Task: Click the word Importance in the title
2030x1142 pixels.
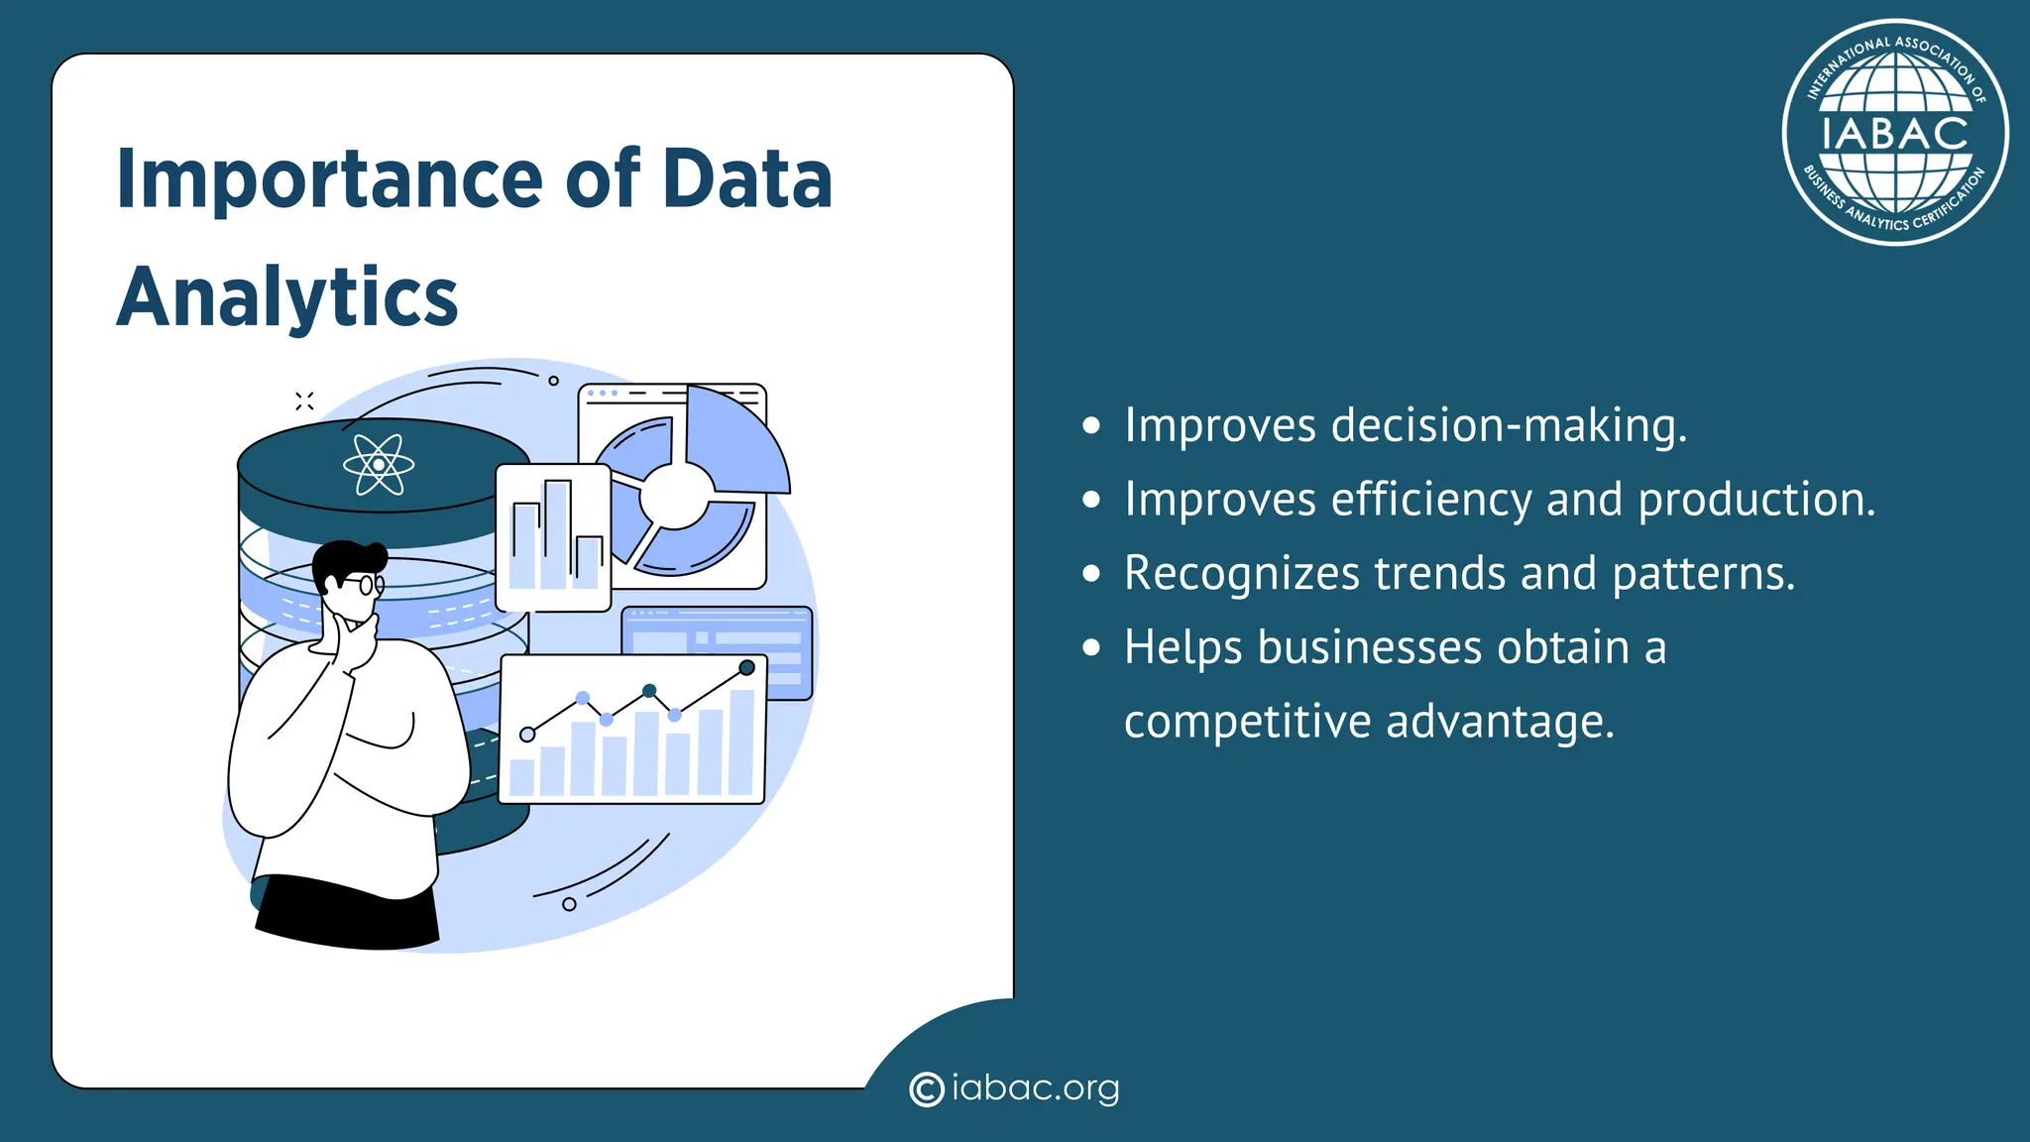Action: [x=328, y=180]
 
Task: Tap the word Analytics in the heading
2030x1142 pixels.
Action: [x=287, y=297]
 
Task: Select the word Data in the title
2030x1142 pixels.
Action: [x=746, y=180]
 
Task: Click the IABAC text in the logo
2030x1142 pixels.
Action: [x=1894, y=134]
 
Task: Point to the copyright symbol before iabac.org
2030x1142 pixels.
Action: [x=926, y=1089]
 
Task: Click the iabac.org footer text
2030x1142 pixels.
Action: [x=1035, y=1088]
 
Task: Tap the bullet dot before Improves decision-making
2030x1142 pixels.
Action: [x=1091, y=426]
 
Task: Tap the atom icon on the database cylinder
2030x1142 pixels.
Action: [x=378, y=464]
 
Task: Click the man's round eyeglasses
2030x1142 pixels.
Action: [x=369, y=585]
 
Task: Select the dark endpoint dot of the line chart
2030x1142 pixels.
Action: [x=746, y=668]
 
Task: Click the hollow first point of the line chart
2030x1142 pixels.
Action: [x=527, y=735]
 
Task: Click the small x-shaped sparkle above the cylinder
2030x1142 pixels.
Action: [x=304, y=400]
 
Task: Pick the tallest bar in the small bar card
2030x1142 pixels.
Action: [x=556, y=535]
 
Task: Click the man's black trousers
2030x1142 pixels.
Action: [x=347, y=912]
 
